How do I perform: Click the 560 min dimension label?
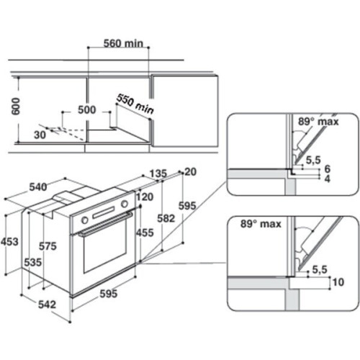click(x=123, y=43)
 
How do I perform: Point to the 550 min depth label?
click(x=135, y=104)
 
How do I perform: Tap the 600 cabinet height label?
click(x=16, y=106)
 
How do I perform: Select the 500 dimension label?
click(x=87, y=109)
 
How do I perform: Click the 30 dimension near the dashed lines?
click(x=40, y=135)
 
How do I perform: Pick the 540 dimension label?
click(x=38, y=187)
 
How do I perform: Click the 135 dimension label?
click(x=158, y=174)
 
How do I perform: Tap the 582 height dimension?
click(x=166, y=218)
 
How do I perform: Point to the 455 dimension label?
click(x=145, y=233)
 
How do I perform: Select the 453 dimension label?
click(x=9, y=241)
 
